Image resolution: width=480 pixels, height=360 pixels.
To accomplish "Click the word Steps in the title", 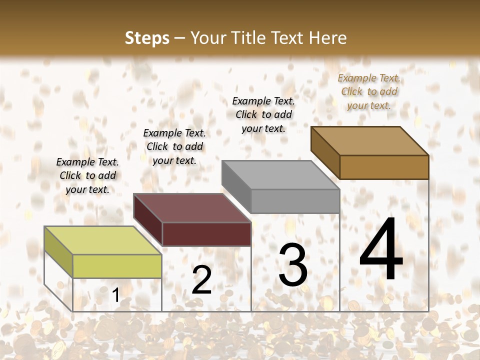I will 147,38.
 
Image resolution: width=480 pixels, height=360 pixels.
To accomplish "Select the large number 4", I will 381,249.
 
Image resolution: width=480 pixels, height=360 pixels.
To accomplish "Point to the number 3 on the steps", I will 293,264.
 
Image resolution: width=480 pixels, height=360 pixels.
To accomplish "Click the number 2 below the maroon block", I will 201,279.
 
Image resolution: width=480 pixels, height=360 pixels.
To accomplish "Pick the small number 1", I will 115,295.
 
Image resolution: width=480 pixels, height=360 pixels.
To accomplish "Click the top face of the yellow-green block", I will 102,240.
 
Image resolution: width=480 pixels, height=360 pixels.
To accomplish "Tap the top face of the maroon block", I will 191,207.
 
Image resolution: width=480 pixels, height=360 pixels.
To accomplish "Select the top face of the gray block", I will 280,175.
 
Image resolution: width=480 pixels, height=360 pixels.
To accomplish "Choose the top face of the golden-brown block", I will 369,140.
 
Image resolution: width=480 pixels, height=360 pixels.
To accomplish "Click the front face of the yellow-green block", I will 117,266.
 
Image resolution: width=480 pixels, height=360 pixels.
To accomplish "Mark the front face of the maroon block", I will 206,234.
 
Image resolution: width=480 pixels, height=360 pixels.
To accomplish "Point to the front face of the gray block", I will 295,201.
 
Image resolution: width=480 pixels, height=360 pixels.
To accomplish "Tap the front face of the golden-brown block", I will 384,167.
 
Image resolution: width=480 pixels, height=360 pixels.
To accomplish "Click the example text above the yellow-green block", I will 87,175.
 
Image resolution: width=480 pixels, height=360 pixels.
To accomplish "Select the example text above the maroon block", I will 174,146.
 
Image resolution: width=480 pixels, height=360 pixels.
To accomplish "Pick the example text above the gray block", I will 263,114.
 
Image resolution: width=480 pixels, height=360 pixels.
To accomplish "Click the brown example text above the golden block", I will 369,91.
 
